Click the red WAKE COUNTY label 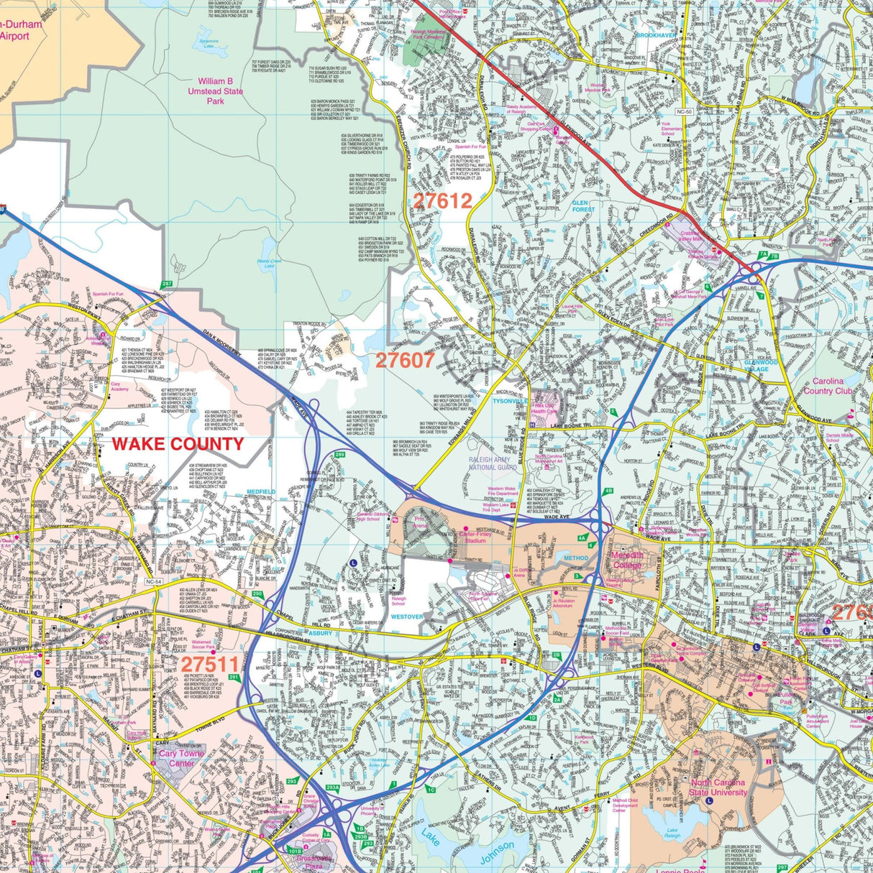point(178,443)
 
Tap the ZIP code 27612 point(442,201)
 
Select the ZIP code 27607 point(406,360)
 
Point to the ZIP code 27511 point(209,663)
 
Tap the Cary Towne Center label point(181,758)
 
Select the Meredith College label point(627,560)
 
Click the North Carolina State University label point(718,787)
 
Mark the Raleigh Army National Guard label point(493,463)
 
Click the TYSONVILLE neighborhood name point(510,402)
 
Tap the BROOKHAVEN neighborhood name point(656,35)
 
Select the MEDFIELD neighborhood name point(261,491)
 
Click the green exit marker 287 point(167,285)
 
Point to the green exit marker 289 point(339,455)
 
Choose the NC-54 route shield point(154,582)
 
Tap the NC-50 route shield point(685,111)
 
